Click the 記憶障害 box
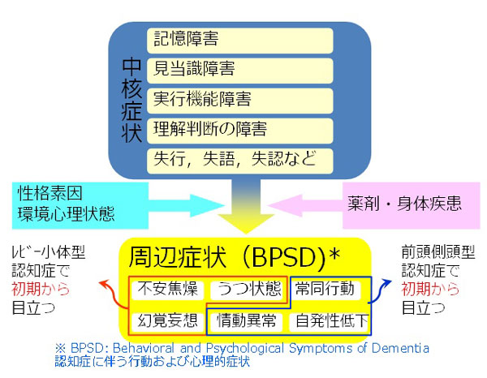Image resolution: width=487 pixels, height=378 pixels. (x=239, y=41)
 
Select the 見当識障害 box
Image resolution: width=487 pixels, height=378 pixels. (x=239, y=71)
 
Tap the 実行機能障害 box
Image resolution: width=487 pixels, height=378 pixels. (x=239, y=101)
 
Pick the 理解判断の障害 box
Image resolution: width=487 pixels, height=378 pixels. (x=239, y=131)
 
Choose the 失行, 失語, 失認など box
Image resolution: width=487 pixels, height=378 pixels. (x=239, y=161)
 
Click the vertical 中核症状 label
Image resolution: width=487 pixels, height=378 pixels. (x=131, y=100)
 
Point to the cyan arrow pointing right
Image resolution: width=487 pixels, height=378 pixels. (x=187, y=205)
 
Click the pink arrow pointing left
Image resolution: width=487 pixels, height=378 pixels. (x=305, y=205)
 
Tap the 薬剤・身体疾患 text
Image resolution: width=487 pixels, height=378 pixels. (x=404, y=204)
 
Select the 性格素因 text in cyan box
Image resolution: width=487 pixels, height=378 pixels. (x=50, y=194)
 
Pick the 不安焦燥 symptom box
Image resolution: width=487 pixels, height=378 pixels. (x=168, y=290)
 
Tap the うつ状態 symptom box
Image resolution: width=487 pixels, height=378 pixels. (x=246, y=290)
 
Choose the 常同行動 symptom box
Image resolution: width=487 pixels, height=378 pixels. (x=325, y=290)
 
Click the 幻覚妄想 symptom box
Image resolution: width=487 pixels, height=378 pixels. (x=168, y=321)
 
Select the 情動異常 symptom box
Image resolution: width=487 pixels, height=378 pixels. (x=246, y=321)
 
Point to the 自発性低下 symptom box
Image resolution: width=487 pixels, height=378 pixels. (x=330, y=321)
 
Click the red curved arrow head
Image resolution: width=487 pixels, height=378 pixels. (x=104, y=283)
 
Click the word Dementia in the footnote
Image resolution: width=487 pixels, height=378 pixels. (x=400, y=348)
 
